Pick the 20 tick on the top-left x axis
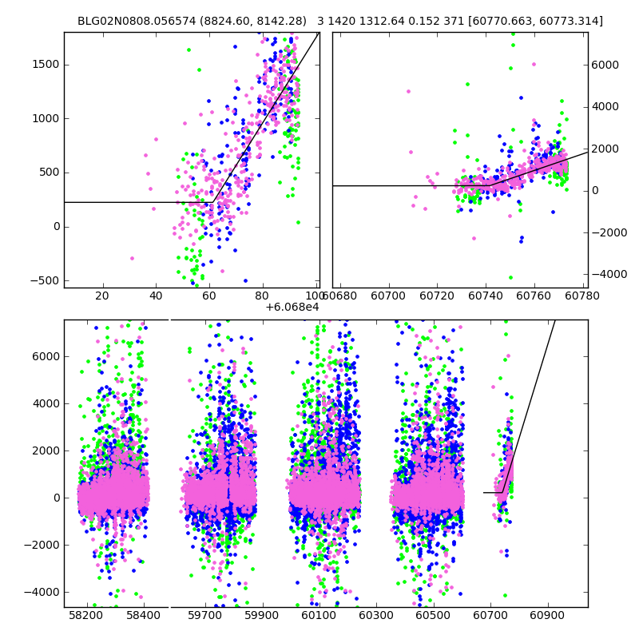[x=102, y=296]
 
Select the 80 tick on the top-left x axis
[x=263, y=296]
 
